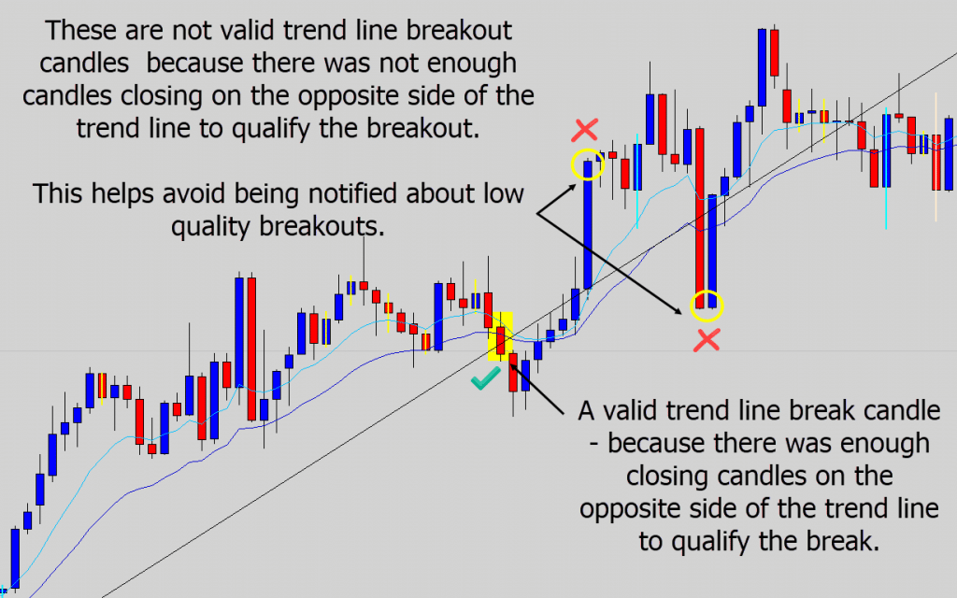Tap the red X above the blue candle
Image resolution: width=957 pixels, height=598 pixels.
[587, 130]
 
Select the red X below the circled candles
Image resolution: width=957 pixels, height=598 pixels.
[707, 340]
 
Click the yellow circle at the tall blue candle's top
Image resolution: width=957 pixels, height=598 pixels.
[588, 165]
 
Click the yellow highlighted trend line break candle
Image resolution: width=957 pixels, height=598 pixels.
[502, 336]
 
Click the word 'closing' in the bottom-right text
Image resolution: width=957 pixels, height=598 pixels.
[665, 476]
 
